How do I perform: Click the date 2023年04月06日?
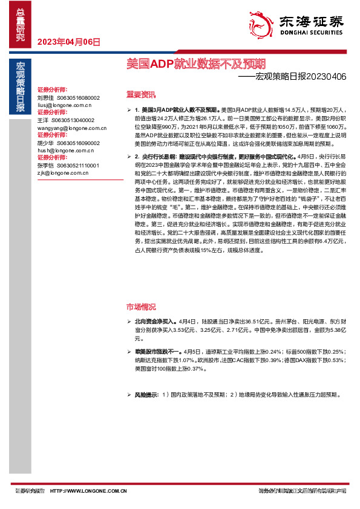pyautogui.click(x=68, y=42)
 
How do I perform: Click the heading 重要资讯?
pyautogui.click(x=140, y=94)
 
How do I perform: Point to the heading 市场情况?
pyautogui.click(x=140, y=306)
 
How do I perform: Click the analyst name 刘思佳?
pyautogui.click(x=45, y=97)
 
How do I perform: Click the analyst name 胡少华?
pyautogui.click(x=45, y=143)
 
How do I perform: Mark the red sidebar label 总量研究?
pyautogui.click(x=21, y=25)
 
